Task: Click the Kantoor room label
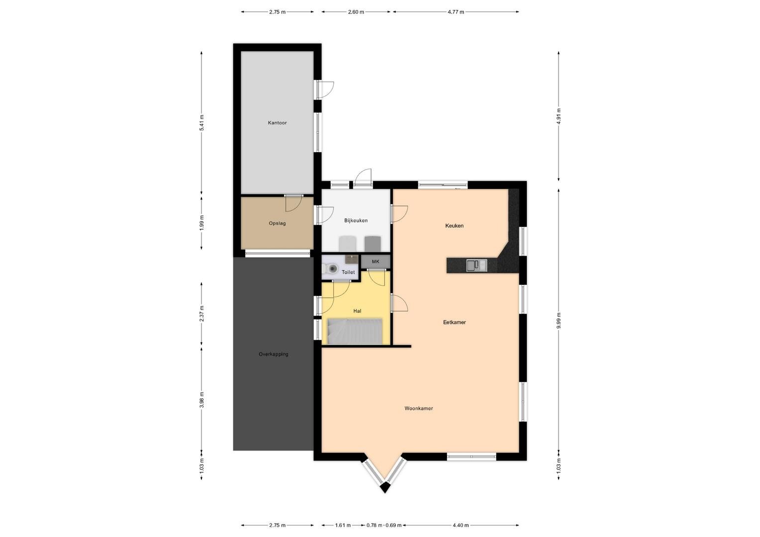point(277,123)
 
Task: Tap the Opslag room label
point(277,224)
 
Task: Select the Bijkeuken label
point(356,220)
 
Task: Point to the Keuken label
point(454,226)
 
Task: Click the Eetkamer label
point(454,322)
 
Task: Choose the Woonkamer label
point(419,408)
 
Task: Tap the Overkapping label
point(274,354)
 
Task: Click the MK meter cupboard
point(376,262)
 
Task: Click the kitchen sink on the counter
point(476,266)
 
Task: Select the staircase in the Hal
point(355,331)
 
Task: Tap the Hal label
point(357,311)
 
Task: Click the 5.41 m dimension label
point(201,122)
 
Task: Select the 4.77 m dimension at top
point(456,12)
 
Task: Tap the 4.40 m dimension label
point(461,526)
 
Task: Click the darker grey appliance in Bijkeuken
point(373,244)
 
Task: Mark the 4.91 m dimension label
point(559,116)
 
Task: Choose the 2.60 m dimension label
point(356,12)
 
